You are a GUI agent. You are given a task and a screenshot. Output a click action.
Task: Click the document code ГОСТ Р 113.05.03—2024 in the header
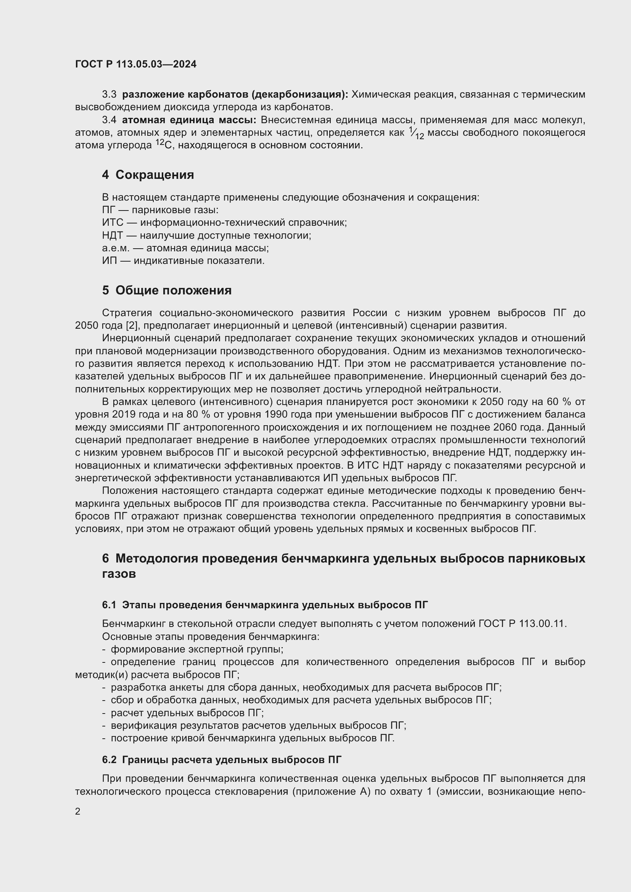tap(135, 64)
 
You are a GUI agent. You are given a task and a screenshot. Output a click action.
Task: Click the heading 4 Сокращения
tap(148, 175)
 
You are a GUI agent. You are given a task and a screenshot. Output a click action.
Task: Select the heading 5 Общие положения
tap(167, 290)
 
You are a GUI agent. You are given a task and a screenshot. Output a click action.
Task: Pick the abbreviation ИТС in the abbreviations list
tap(112, 223)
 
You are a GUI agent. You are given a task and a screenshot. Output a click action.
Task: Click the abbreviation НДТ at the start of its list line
tap(112, 235)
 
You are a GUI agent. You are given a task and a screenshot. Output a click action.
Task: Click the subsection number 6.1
tap(109, 605)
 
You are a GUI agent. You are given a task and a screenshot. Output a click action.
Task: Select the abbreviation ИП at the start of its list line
tap(109, 261)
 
